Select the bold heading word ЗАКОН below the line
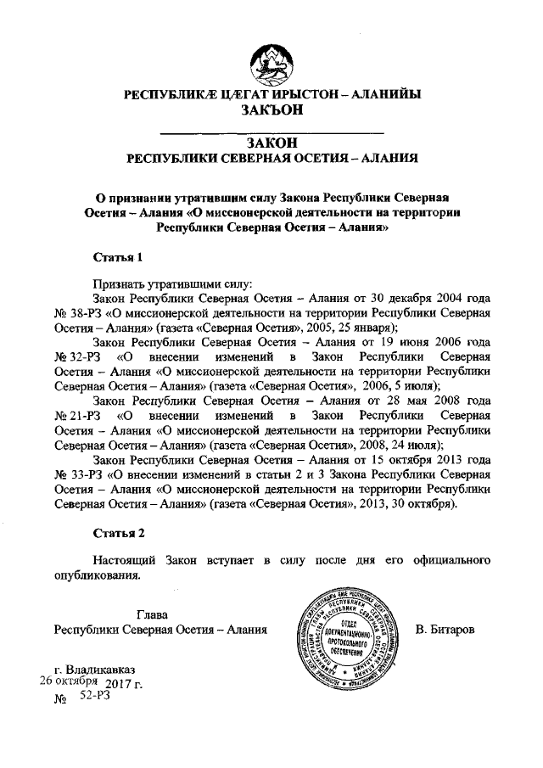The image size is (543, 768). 271,143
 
